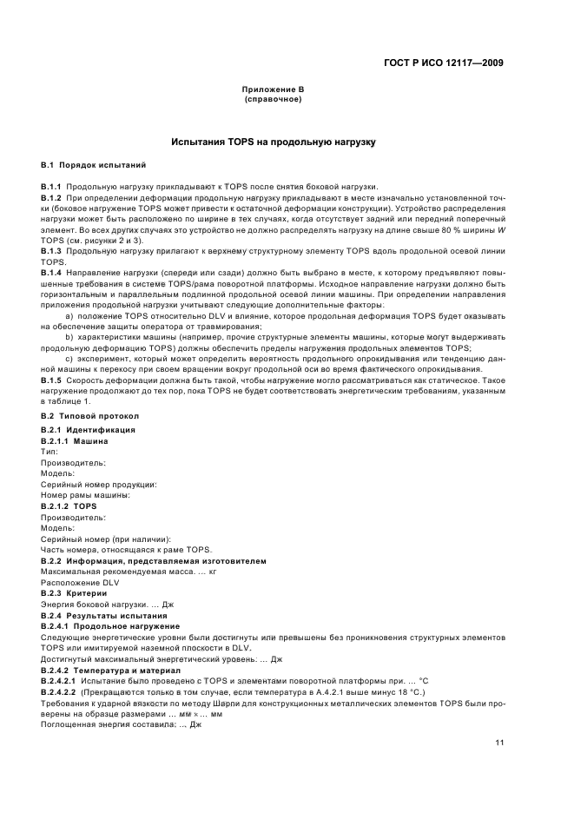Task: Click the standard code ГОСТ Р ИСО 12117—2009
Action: (x=444, y=63)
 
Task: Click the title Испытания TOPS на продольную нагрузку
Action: (x=273, y=141)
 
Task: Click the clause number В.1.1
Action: (x=51, y=187)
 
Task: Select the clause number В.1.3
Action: (x=51, y=251)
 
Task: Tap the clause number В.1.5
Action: (x=51, y=381)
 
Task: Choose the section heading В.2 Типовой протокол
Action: (x=89, y=416)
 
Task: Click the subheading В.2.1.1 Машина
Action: (x=75, y=441)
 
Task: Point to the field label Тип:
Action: (x=49, y=453)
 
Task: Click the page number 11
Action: (x=499, y=743)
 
